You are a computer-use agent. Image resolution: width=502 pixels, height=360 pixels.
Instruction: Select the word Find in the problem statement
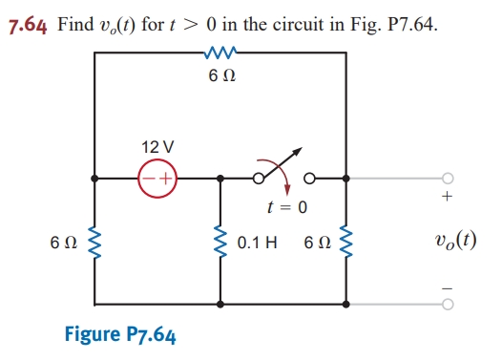point(75,24)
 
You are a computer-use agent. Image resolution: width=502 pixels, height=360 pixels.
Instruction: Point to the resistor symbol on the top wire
point(220,54)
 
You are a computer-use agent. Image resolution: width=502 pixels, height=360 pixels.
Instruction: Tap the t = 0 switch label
point(286,207)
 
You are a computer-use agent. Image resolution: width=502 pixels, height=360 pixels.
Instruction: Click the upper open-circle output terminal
point(448,178)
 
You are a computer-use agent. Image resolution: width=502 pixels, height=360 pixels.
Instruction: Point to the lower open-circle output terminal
point(448,307)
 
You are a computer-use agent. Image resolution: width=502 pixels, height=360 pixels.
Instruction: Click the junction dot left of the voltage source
point(94,178)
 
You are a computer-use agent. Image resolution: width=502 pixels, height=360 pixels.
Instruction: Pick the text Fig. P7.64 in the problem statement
point(403,24)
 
